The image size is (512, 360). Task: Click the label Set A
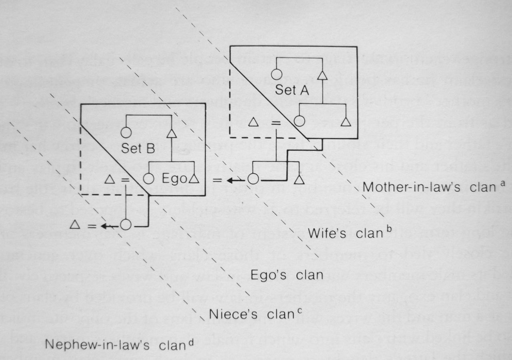click(x=292, y=90)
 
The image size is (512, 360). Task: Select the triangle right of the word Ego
click(x=194, y=179)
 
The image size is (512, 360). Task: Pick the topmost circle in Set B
click(x=126, y=132)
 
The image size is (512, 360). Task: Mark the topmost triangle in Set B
click(x=171, y=133)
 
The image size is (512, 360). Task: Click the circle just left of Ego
click(x=148, y=179)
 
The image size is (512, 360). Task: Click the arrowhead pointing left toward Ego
click(x=231, y=180)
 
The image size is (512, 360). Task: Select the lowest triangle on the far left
click(x=74, y=225)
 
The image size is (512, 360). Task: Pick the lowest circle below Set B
click(x=126, y=225)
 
